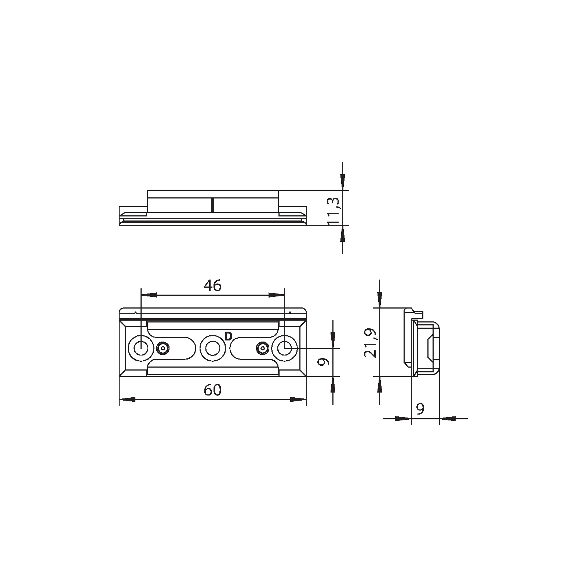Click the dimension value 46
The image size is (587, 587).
pos(213,285)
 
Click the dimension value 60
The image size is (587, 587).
pos(213,390)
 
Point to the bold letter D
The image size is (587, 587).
pos(229,336)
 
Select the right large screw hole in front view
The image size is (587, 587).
pos(284,348)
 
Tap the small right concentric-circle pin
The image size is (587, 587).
pos(262,348)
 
